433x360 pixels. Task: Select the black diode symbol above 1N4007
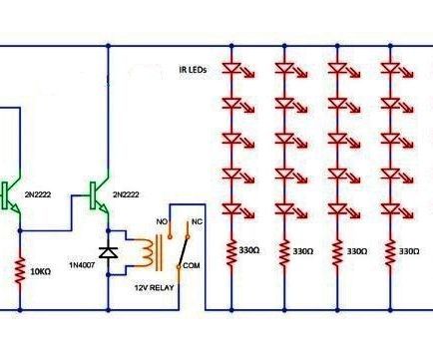click(x=108, y=251)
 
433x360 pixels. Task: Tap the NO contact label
click(x=162, y=219)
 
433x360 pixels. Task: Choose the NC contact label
click(x=196, y=219)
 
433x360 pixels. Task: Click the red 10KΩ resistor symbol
click(x=19, y=268)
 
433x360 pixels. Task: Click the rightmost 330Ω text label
click(x=409, y=252)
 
